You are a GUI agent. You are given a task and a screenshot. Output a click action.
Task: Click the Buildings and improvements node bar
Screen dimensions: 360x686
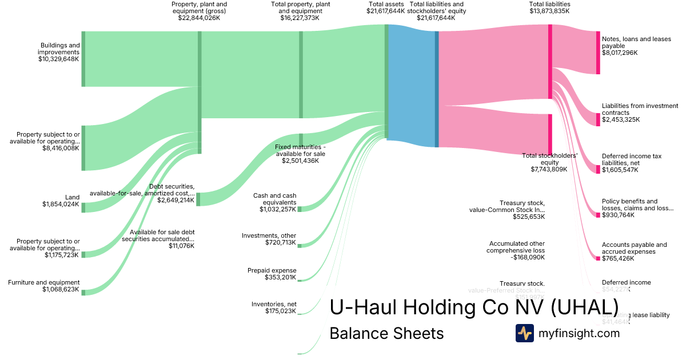click(x=83, y=59)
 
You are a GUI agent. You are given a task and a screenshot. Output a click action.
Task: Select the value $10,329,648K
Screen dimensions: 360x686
click(x=58, y=59)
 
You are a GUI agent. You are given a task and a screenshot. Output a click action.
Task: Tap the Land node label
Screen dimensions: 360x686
click(x=73, y=197)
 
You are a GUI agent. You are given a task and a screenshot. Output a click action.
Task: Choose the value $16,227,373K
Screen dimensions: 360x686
click(x=300, y=18)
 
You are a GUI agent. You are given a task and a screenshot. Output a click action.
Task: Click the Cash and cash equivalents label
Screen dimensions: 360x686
click(x=274, y=199)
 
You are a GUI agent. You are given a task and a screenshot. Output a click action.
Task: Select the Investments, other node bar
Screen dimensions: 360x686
click(x=299, y=246)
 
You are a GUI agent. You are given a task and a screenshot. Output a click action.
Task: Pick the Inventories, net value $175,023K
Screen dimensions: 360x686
click(x=281, y=311)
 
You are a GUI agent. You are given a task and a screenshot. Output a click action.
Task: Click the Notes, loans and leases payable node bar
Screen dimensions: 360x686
click(x=598, y=53)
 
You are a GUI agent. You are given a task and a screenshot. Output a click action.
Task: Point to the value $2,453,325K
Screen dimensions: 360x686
click(x=621, y=119)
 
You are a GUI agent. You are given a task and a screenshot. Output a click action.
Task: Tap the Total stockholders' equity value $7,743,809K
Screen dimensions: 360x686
click(x=549, y=169)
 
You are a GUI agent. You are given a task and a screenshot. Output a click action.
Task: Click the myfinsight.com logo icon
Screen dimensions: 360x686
click(x=524, y=333)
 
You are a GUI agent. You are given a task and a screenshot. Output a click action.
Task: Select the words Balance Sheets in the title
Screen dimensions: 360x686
click(x=386, y=333)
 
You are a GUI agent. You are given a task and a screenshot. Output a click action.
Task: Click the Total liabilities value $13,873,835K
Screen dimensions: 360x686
click(x=549, y=11)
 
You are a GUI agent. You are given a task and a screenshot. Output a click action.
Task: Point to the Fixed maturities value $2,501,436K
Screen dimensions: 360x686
click(x=300, y=161)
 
